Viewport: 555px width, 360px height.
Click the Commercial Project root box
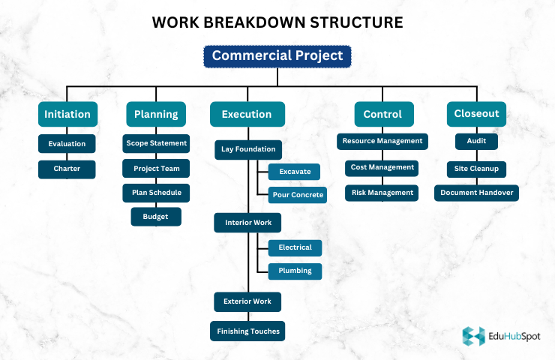tap(277, 56)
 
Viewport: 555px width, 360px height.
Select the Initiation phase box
tap(67, 114)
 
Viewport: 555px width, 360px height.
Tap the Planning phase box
tap(156, 114)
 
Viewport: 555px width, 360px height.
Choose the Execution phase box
tap(247, 114)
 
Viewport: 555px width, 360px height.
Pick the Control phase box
tap(382, 114)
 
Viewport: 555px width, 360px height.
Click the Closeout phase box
tap(476, 114)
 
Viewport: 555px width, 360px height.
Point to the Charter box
tap(67, 169)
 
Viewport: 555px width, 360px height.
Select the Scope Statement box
tap(156, 142)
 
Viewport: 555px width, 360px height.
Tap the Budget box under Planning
tap(156, 217)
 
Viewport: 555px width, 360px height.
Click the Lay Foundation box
tap(248, 149)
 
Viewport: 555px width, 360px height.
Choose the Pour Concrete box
tap(297, 195)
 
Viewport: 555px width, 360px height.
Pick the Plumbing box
tap(295, 271)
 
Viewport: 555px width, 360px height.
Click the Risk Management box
tap(382, 193)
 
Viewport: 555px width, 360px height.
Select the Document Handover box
tap(477, 193)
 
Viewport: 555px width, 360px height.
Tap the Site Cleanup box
tap(477, 168)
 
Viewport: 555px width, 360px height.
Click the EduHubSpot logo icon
tap(473, 336)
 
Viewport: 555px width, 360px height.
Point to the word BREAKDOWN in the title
tap(277, 22)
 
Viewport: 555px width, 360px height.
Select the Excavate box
tap(295, 172)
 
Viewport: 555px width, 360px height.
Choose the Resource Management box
tap(382, 141)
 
